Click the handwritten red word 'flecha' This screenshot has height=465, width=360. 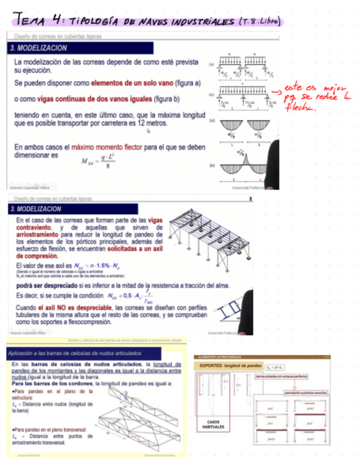click(315, 108)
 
